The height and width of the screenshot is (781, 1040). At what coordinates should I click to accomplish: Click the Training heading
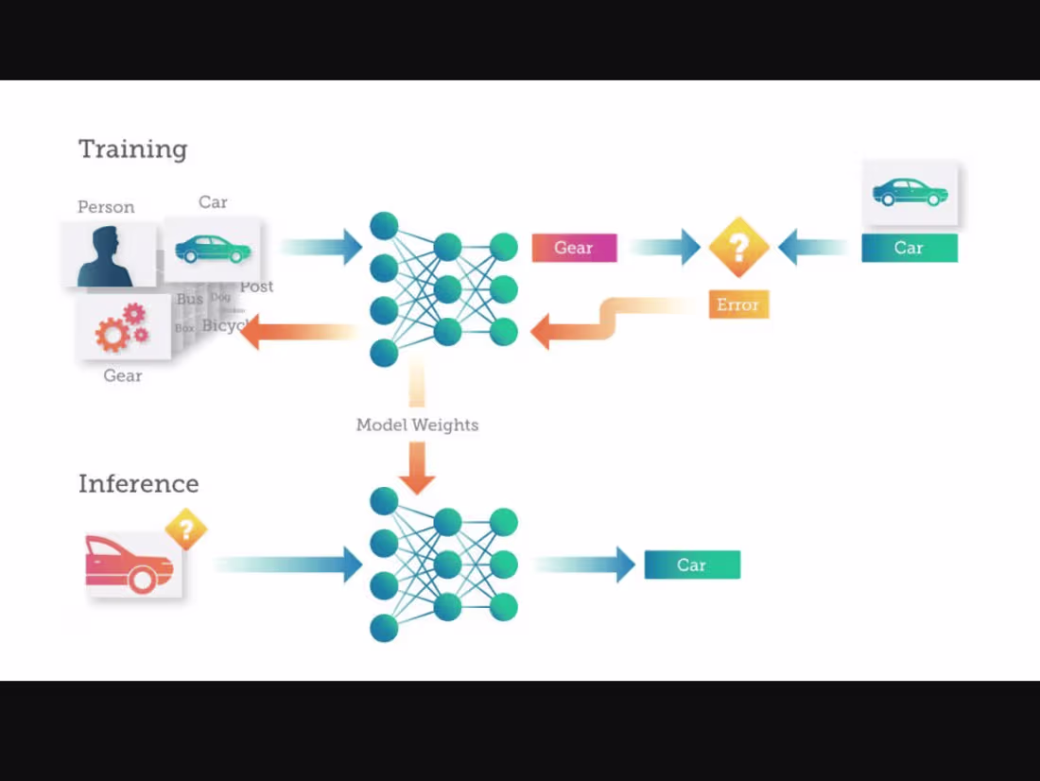click(132, 149)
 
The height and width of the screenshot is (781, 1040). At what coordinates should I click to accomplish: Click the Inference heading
click(138, 484)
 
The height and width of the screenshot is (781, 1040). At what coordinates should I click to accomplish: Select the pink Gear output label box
click(574, 248)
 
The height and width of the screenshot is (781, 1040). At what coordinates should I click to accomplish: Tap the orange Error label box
click(737, 304)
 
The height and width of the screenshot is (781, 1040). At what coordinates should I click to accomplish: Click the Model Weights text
click(417, 425)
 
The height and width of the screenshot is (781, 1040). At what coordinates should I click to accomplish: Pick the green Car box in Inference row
click(691, 565)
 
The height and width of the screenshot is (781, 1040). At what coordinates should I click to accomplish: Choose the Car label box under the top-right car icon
click(909, 248)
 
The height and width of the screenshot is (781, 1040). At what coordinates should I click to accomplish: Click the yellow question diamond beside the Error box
click(738, 247)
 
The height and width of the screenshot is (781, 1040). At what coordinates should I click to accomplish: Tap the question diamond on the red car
click(186, 529)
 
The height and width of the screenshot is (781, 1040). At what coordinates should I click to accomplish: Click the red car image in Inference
click(130, 565)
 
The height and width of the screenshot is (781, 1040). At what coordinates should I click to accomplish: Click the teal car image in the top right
click(910, 193)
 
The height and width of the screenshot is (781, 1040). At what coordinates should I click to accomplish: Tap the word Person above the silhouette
click(106, 207)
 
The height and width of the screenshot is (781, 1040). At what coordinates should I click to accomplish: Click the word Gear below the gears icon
click(123, 376)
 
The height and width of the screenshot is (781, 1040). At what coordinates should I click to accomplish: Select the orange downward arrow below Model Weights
click(417, 468)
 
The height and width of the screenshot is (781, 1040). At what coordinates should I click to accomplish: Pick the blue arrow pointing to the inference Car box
click(586, 564)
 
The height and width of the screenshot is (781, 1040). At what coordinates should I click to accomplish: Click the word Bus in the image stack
click(190, 299)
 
